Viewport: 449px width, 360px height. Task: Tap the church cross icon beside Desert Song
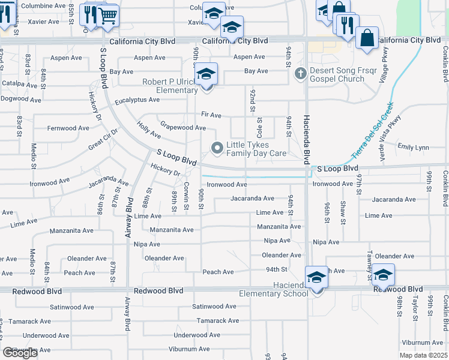point(301,73)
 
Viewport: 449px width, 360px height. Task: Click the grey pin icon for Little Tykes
point(217,147)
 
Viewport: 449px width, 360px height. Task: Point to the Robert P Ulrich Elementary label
point(170,86)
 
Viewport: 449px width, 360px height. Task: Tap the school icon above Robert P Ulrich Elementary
point(206,75)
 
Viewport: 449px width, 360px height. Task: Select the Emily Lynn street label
point(413,147)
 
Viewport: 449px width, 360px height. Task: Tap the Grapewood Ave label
point(182,127)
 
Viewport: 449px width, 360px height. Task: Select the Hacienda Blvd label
point(306,139)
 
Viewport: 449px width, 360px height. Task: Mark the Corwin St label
point(187,196)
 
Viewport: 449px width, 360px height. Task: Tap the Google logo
point(20,353)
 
